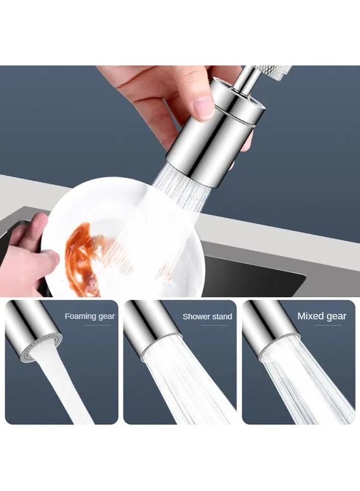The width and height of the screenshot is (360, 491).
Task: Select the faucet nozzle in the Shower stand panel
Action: [150, 327]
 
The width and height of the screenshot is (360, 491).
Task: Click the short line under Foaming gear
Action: [98, 326]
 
